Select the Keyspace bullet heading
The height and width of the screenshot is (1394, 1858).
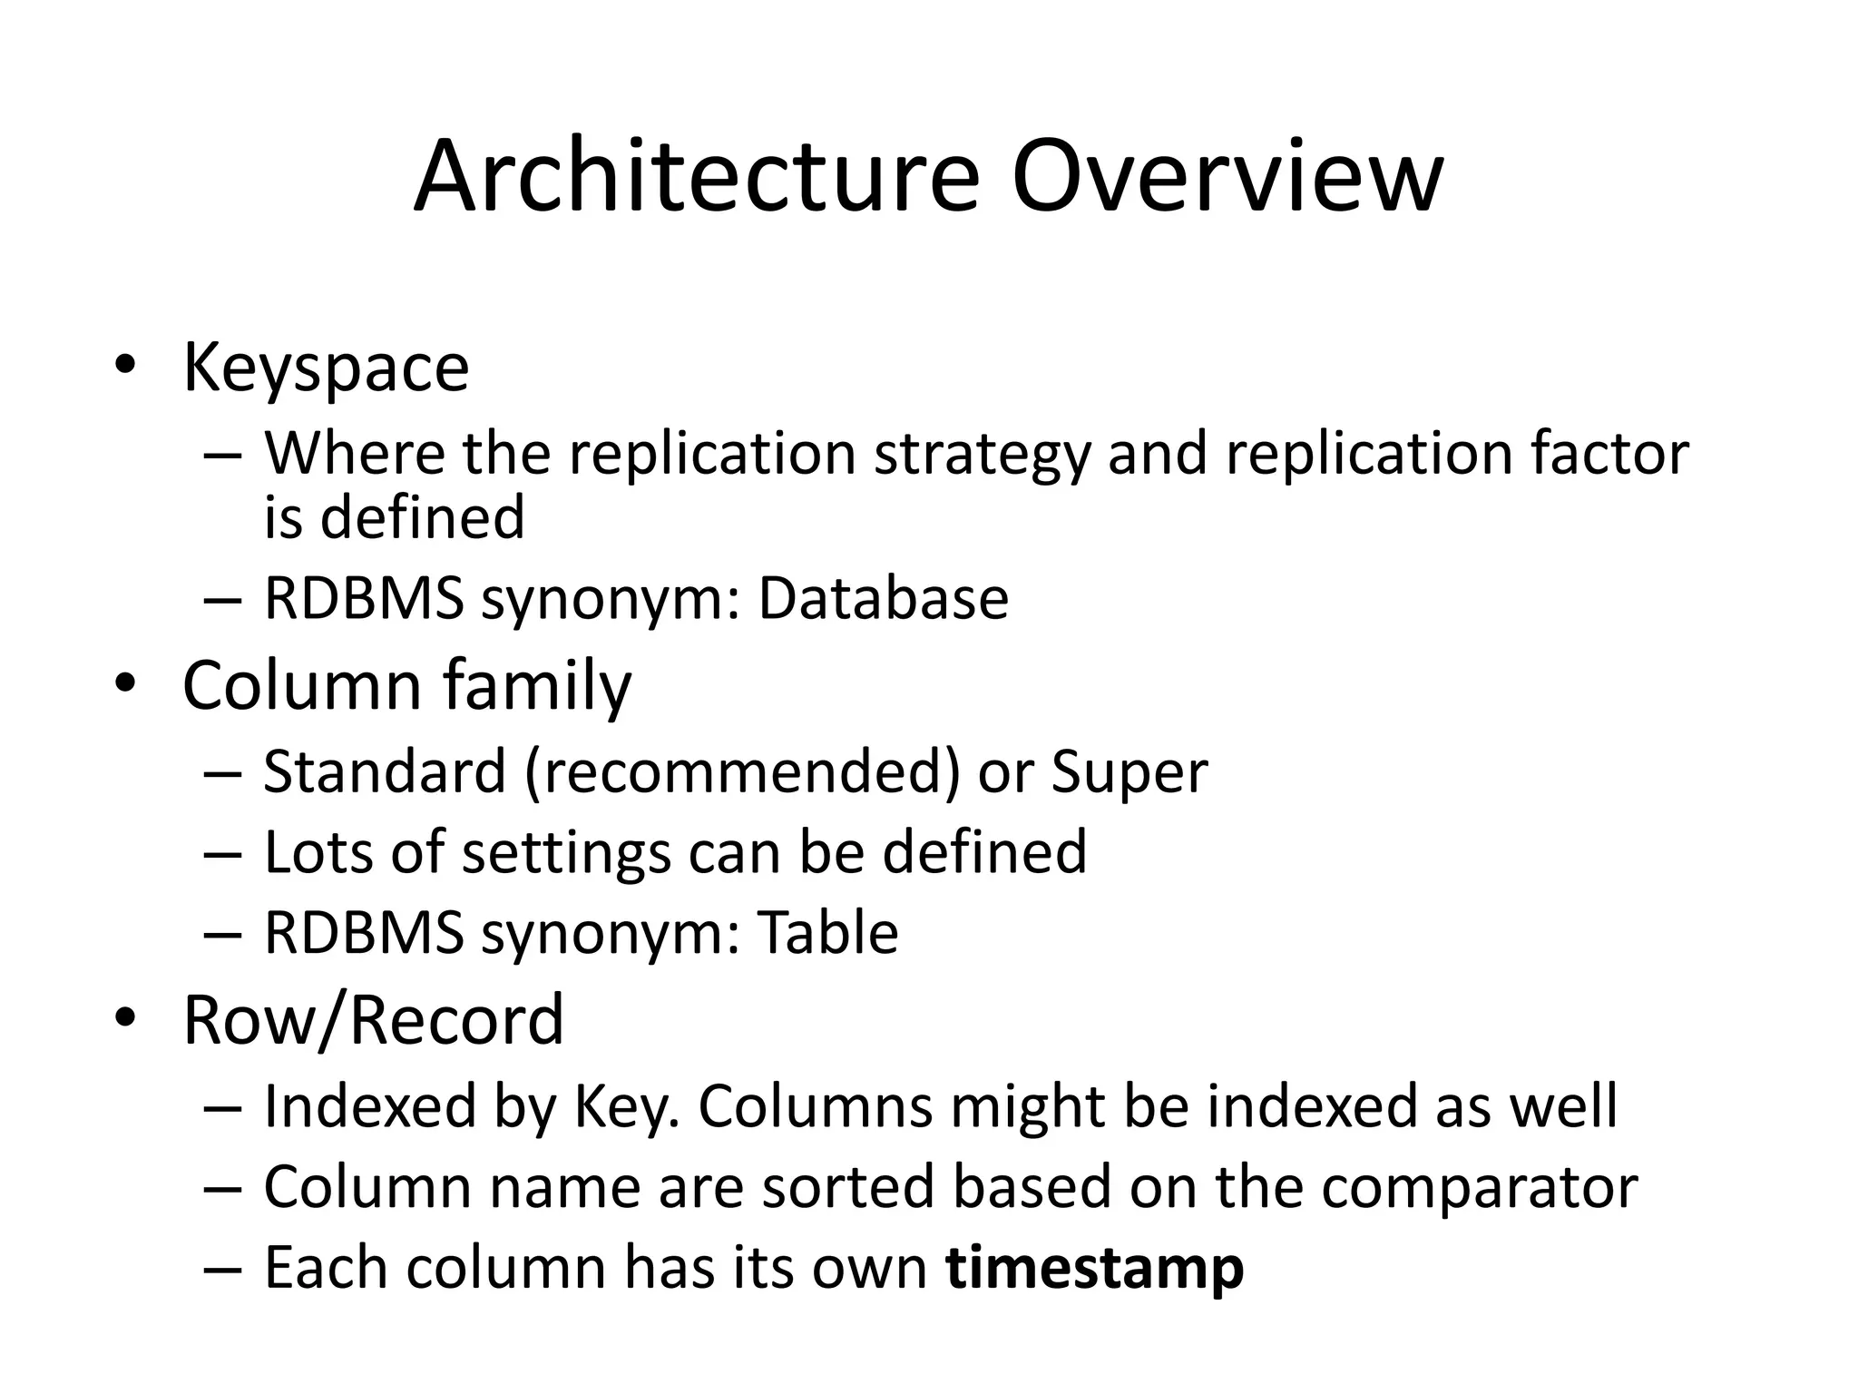pyautogui.click(x=326, y=368)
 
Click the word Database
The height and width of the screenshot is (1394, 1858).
pyautogui.click(x=883, y=599)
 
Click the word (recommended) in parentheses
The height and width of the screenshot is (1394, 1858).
pyautogui.click(x=741, y=772)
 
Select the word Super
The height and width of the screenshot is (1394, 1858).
pyautogui.click(x=1129, y=772)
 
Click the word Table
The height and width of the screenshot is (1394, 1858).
pyautogui.click(x=827, y=933)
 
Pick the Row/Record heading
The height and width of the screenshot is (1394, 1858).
pyautogui.click(x=373, y=1020)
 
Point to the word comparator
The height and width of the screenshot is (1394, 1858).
pyautogui.click(x=1479, y=1187)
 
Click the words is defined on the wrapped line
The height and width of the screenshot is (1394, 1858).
pyautogui.click(x=394, y=517)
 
